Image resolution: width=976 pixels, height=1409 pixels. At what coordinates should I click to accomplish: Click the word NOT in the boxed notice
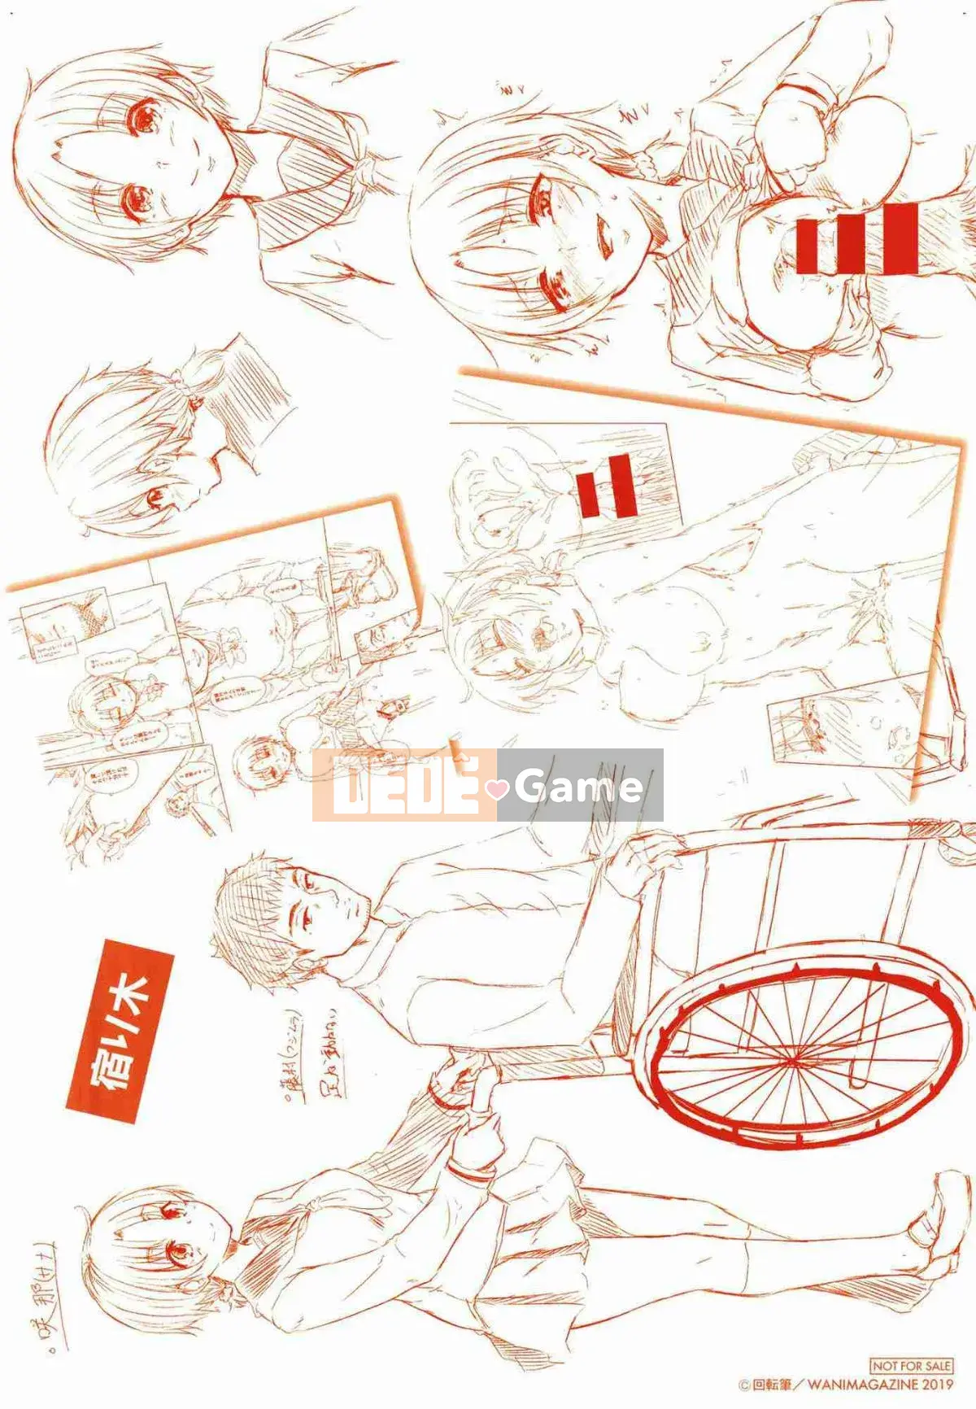(882, 1367)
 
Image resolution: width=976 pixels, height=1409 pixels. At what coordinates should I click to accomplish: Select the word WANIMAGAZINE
(863, 1385)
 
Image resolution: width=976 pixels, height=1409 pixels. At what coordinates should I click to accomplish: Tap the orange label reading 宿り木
(121, 1031)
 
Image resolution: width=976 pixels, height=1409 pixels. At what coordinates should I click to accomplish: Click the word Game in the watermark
(579, 786)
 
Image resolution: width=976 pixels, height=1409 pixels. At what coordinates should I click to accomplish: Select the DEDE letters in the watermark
(404, 784)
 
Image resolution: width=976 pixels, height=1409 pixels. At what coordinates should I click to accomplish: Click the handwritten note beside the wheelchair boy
(322, 1067)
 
